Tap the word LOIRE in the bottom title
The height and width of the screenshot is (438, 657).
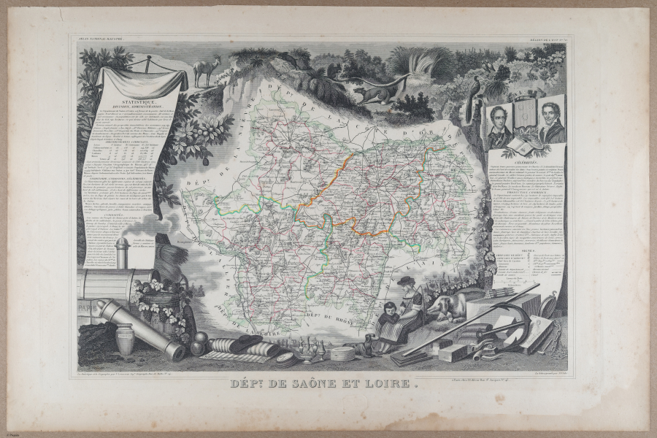[x=382, y=382]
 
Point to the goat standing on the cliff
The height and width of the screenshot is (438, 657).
[x=207, y=70]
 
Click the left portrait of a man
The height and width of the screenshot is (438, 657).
[x=499, y=125]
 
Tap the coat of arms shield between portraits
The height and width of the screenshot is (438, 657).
[x=526, y=117]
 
